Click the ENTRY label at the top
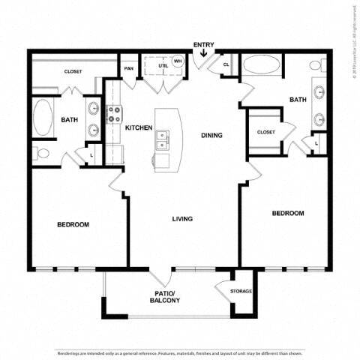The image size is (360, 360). tap(202, 45)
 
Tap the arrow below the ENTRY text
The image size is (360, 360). tap(203, 53)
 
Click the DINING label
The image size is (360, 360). tap(211, 135)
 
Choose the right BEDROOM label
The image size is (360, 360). tap(288, 213)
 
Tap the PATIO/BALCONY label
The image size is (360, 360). tap(165, 295)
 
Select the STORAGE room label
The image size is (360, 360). tap(241, 291)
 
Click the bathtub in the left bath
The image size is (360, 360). tap(43, 118)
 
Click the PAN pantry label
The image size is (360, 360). tap(129, 67)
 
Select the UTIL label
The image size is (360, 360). tap(161, 67)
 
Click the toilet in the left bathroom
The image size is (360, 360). tap(40, 154)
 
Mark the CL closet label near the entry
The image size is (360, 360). tap(226, 65)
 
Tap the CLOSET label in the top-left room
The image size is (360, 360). tap(73, 71)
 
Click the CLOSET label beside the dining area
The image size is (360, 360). tap(265, 131)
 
